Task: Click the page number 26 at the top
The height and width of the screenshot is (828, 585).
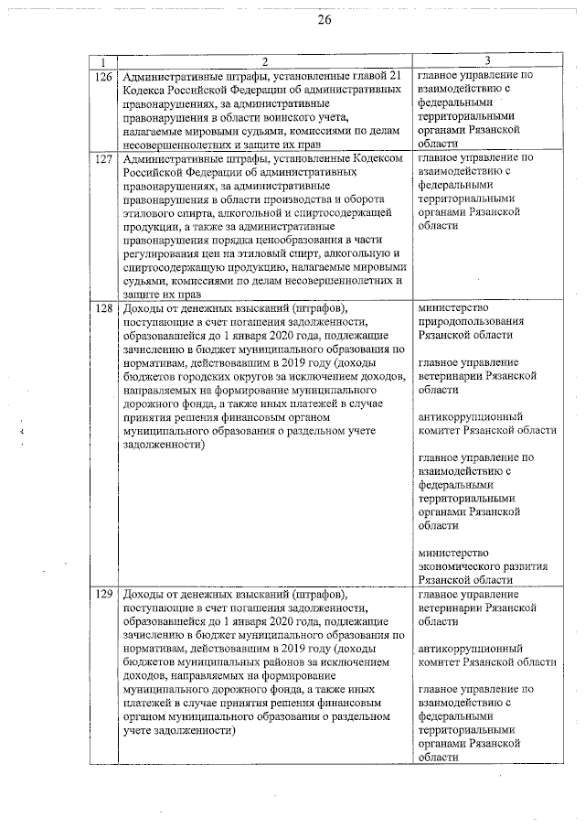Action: point(324,20)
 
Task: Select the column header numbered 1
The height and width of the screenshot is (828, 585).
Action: point(103,61)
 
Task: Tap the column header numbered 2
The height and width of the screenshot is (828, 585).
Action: point(264,61)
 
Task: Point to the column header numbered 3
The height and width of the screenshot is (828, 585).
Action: point(488,61)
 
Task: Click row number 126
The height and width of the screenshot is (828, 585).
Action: point(103,76)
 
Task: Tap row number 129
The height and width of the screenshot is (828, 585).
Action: point(103,595)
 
